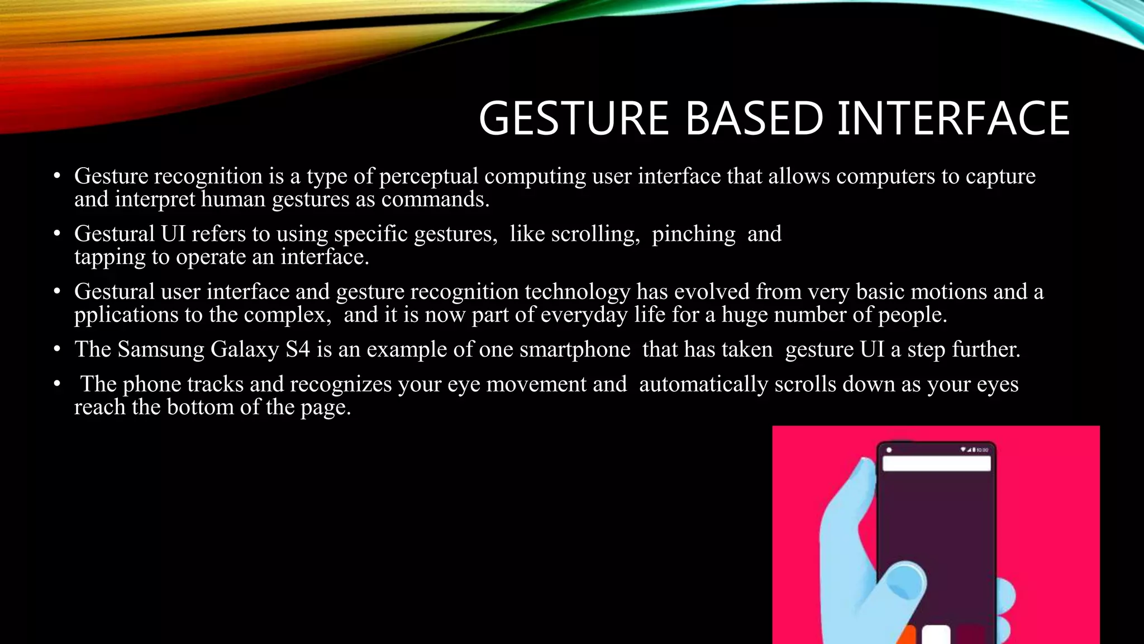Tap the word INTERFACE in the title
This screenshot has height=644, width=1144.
pyautogui.click(x=954, y=119)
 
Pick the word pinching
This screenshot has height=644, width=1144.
pyautogui.click(x=693, y=234)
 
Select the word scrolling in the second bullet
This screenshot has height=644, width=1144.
pyautogui.click(x=595, y=234)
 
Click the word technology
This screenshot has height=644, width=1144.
pyautogui.click(x=577, y=292)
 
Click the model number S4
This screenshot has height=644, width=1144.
pyautogui.click(x=297, y=350)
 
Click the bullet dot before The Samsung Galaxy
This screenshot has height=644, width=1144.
pyautogui.click(x=57, y=350)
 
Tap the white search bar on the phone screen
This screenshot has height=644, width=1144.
pyautogui.click(x=936, y=463)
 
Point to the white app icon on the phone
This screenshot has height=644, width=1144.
pyautogui.click(x=936, y=635)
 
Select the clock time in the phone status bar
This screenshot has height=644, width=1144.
pyautogui.click(x=982, y=449)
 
